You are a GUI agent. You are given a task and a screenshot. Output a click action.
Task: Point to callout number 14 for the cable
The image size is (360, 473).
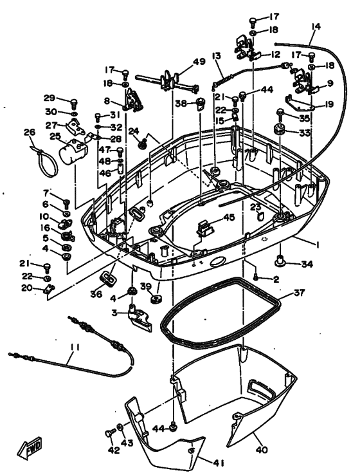coord(315,28)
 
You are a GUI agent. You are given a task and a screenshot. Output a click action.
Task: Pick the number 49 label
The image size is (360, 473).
coord(199,62)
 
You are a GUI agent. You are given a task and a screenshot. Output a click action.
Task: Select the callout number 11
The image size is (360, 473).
coord(75,349)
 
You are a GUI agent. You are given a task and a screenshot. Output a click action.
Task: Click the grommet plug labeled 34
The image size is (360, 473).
coord(281,262)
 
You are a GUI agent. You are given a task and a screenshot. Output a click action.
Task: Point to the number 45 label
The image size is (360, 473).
coord(228,217)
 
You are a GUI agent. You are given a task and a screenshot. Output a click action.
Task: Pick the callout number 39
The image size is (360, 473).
coord(146,286)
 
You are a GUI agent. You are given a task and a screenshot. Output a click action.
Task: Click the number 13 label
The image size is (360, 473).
coord(216,56)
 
